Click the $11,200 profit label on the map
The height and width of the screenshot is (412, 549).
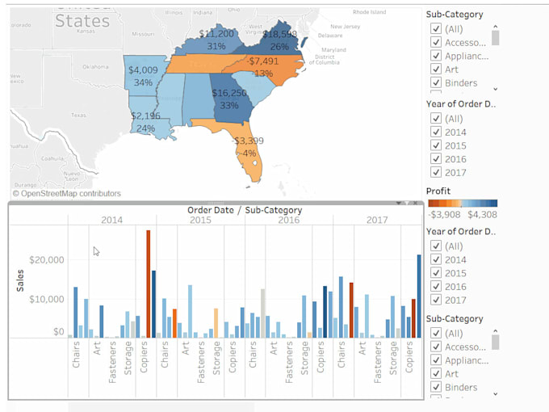pos(216,34)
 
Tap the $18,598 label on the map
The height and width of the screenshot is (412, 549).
pos(280,34)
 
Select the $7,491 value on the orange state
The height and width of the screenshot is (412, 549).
pos(264,61)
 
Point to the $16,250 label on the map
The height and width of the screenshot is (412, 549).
pos(230,94)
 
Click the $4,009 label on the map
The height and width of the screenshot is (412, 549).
pos(143,70)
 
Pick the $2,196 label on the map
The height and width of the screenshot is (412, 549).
pos(145,116)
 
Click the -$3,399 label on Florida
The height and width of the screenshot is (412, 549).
pos(248,141)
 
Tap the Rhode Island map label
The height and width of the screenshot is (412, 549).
pos(371,12)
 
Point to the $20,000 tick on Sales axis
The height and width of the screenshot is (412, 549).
pos(46,260)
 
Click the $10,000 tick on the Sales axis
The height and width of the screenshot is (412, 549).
pos(46,299)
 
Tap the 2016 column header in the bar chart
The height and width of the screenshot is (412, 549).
pos(288,220)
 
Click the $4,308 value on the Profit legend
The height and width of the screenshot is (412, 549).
pos(483,215)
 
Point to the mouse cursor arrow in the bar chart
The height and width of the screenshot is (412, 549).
pos(96,251)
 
